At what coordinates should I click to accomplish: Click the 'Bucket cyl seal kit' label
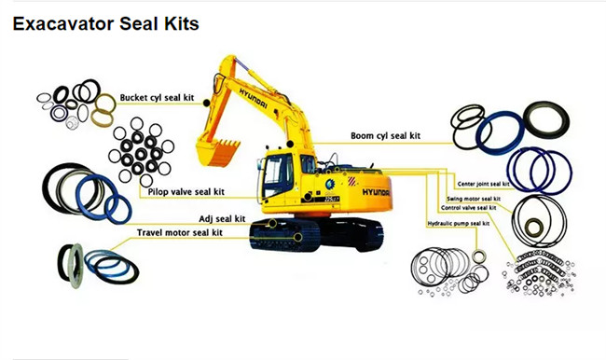(157, 97)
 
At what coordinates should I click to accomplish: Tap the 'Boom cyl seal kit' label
(385, 136)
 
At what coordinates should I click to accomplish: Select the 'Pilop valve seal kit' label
(186, 192)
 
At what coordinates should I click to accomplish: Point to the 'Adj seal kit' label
(222, 219)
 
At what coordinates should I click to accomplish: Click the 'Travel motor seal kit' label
(180, 233)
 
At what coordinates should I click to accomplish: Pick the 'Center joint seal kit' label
(483, 184)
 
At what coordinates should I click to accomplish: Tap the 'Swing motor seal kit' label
(474, 199)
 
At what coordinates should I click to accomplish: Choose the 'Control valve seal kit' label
(468, 208)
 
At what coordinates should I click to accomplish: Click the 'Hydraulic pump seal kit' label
(459, 224)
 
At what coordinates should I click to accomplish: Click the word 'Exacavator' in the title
(63, 23)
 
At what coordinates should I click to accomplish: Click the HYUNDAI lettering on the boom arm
(254, 98)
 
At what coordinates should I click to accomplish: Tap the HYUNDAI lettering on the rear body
(376, 192)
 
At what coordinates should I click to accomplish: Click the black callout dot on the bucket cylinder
(207, 104)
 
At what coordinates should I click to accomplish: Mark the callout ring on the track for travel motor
(297, 238)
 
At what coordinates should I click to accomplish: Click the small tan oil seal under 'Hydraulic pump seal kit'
(479, 256)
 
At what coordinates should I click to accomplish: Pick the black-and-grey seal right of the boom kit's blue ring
(546, 120)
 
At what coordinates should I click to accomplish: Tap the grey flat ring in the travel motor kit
(76, 266)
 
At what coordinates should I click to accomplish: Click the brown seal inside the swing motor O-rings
(533, 228)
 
